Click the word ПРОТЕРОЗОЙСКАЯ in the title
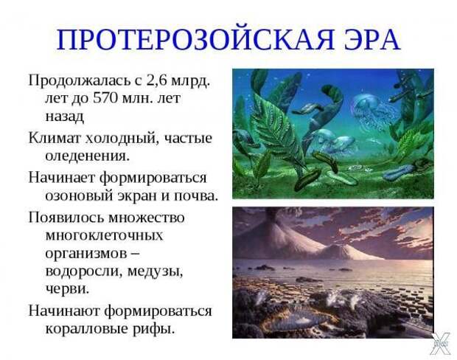195,40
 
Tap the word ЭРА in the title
372,40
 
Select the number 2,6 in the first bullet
156,80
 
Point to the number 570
105,98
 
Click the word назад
64,117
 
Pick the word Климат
54,138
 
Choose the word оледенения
87,156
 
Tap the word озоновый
79,195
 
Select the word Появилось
66,218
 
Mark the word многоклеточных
104,235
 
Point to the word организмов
86,254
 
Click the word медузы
155,271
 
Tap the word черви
67,289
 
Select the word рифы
154,329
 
